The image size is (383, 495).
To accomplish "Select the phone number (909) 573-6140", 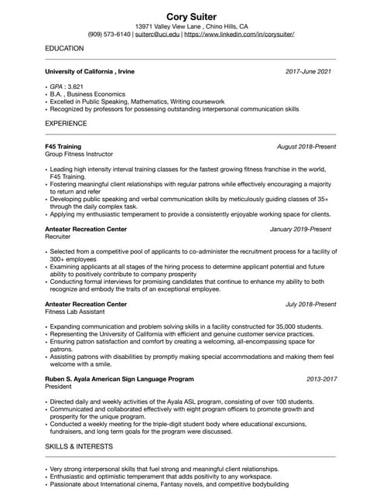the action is point(109,35).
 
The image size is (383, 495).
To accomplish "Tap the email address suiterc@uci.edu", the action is point(157,35).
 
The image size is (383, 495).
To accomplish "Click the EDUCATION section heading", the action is point(64,48).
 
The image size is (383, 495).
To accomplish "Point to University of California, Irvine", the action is point(90,71).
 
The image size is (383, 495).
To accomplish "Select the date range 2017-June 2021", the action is point(308,71).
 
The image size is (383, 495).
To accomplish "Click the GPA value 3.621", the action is point(75,86).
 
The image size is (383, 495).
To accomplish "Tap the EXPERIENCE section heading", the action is point(66,123).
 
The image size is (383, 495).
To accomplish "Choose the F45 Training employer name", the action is point(63,146).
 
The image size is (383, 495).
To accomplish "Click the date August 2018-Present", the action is point(306,146).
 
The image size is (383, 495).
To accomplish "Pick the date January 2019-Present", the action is point(300,230).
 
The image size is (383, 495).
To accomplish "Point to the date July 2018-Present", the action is point(310,305).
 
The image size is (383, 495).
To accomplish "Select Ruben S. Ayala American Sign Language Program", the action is point(119,379).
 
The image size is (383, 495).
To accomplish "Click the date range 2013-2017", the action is point(321,379).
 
